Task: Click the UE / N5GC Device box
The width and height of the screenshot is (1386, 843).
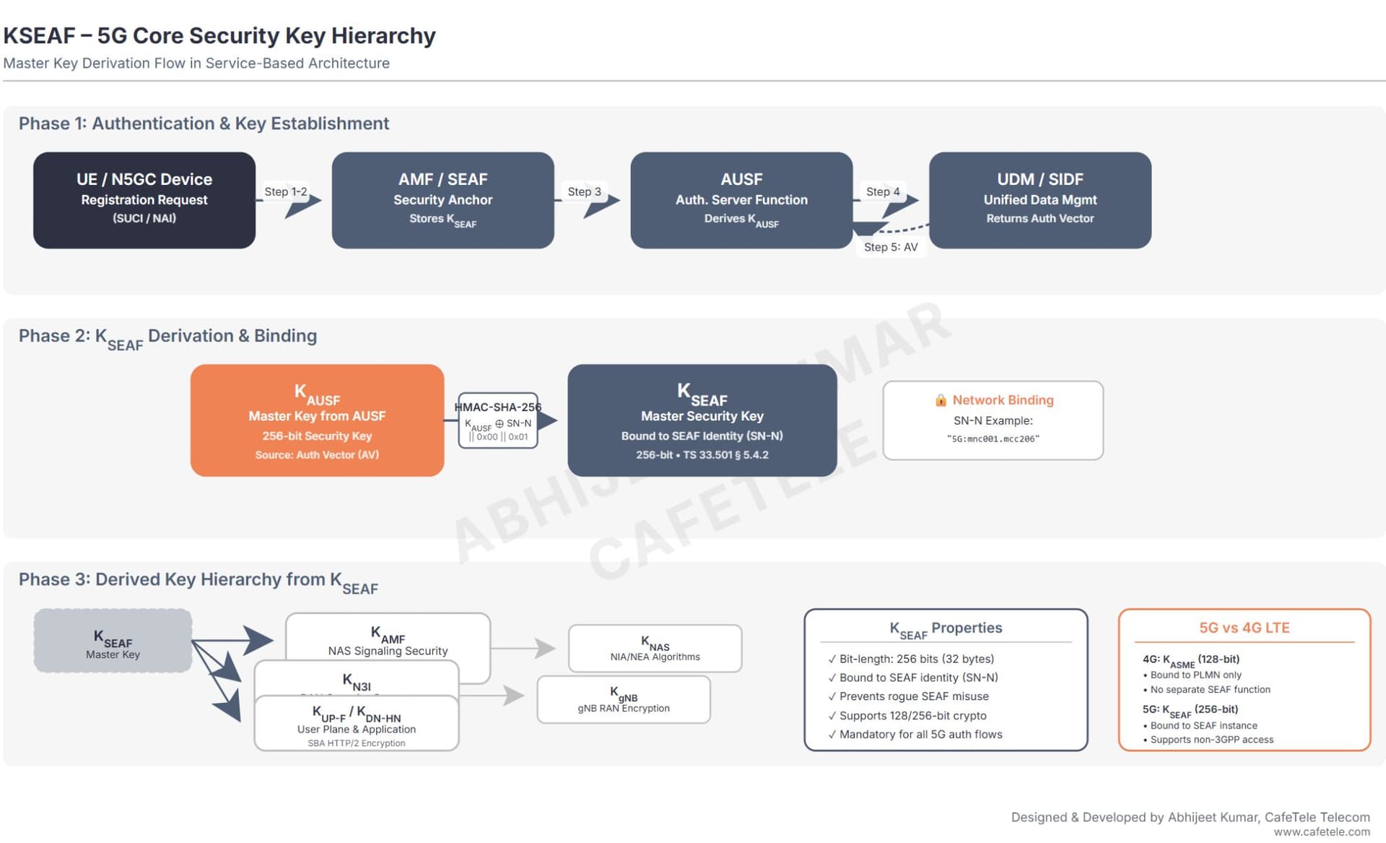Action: point(144,200)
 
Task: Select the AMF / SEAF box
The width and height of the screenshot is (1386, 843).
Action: point(443,200)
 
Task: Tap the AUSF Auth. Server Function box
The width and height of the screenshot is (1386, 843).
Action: point(741,200)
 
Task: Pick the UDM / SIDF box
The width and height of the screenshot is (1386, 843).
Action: point(1039,200)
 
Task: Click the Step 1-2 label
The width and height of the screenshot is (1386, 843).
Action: point(285,191)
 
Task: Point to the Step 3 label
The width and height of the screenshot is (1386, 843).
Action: point(584,191)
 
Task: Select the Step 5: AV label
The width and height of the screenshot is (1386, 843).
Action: point(891,247)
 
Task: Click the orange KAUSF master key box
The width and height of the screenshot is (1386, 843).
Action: point(317,420)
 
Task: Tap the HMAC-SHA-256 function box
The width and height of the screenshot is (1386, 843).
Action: point(498,420)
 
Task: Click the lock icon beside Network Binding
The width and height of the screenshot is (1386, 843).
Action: point(941,400)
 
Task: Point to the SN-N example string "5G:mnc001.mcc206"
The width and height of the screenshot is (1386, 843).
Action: point(993,438)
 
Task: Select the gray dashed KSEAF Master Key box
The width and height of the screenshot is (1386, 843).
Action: point(113,641)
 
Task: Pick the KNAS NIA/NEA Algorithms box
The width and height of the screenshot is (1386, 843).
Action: point(655,648)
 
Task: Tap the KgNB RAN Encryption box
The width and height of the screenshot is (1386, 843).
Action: point(624,699)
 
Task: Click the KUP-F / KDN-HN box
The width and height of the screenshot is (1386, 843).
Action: point(357,724)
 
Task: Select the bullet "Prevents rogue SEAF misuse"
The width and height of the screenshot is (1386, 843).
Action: point(913,696)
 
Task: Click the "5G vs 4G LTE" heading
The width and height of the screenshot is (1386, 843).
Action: point(1244,628)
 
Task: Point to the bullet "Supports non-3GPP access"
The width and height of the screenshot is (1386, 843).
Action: point(1211,740)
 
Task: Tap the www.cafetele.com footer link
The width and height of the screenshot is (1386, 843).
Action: point(1321,832)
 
